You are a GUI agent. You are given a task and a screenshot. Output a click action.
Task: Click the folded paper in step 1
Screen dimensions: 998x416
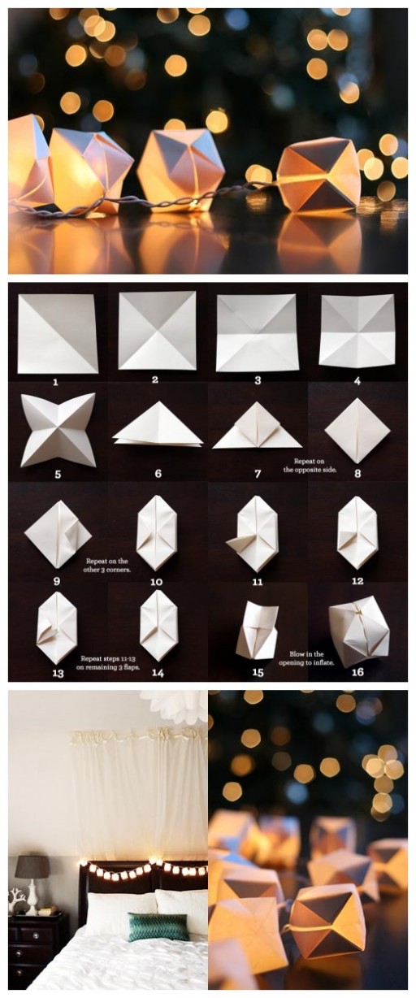pyautogui.click(x=57, y=334)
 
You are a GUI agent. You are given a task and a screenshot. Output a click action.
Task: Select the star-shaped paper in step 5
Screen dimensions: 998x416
pyautogui.click(x=58, y=430)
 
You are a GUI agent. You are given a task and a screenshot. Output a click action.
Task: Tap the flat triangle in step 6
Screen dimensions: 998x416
pyautogui.click(x=157, y=428)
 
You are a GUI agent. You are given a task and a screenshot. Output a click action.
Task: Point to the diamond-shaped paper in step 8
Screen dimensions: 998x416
pyautogui.click(x=357, y=430)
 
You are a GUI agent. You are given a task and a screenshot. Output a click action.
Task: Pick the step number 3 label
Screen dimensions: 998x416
pyautogui.click(x=258, y=380)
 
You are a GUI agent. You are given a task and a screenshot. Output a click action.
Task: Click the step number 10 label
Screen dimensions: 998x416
pyautogui.click(x=156, y=581)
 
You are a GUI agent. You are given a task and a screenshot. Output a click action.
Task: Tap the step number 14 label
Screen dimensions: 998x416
pyautogui.click(x=157, y=672)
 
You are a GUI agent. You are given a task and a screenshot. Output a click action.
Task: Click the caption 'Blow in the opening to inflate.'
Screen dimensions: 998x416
pyautogui.click(x=308, y=657)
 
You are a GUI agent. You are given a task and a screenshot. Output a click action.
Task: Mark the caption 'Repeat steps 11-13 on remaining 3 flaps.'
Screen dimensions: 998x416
pyautogui.click(x=110, y=662)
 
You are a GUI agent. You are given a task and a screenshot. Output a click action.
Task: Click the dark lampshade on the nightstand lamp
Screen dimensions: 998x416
pyautogui.click(x=32, y=866)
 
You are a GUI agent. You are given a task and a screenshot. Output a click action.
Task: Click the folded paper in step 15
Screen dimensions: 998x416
pyautogui.click(x=257, y=631)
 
